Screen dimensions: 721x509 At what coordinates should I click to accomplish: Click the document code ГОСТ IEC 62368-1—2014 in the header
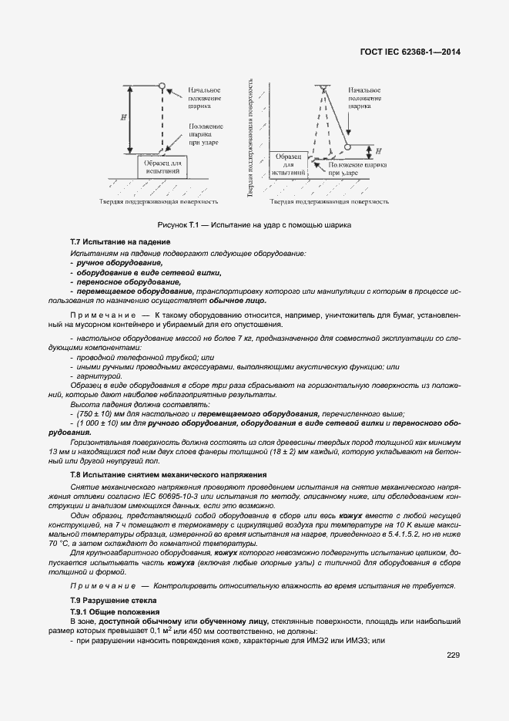click(x=415, y=52)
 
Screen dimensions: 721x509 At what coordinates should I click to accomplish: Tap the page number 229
click(x=453, y=655)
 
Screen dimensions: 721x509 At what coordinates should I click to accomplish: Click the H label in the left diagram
click(x=123, y=117)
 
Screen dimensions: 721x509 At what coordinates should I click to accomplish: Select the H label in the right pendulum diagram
click(x=368, y=150)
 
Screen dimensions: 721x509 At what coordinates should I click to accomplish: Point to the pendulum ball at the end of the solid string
click(x=347, y=147)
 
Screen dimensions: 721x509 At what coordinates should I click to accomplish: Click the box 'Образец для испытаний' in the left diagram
click(x=162, y=167)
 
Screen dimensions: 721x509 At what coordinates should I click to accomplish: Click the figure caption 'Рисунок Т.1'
click(x=254, y=225)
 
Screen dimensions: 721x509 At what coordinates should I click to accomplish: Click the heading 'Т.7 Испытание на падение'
click(x=119, y=243)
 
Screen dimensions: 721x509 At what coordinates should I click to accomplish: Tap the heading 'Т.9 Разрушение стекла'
click(x=113, y=599)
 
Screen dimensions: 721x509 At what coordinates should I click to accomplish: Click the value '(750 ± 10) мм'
click(x=101, y=413)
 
